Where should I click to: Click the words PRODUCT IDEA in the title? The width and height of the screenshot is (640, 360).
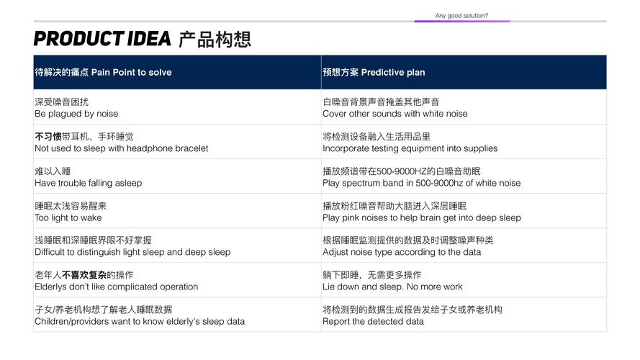point(102,39)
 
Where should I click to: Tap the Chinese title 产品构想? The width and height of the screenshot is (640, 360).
point(215,39)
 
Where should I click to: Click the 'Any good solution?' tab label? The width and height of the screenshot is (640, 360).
point(461,16)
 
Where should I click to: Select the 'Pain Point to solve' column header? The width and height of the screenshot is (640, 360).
point(131,72)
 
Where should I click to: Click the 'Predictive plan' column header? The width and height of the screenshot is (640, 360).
point(393,72)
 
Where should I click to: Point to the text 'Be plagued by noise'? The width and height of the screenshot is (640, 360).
point(76,114)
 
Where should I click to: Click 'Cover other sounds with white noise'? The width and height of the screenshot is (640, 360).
point(395,114)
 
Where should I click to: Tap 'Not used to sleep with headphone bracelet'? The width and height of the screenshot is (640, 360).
point(121,148)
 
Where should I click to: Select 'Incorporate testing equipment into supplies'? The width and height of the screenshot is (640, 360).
point(410,148)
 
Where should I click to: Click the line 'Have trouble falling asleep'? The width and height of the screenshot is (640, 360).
point(88,184)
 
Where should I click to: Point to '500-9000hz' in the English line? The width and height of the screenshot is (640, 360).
point(439,183)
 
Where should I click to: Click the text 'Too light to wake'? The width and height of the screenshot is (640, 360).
point(68,217)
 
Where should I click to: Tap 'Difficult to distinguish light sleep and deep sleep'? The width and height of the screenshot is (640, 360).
point(132,252)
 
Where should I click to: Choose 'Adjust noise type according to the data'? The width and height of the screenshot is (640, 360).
point(402,252)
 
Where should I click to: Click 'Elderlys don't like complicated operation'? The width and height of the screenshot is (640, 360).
point(117,287)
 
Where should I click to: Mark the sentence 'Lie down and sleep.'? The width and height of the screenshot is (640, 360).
point(364,287)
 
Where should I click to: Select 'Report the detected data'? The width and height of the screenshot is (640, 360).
point(373,322)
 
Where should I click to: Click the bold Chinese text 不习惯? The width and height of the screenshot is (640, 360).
point(48,137)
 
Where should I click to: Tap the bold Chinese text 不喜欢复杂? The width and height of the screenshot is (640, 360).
point(84,275)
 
